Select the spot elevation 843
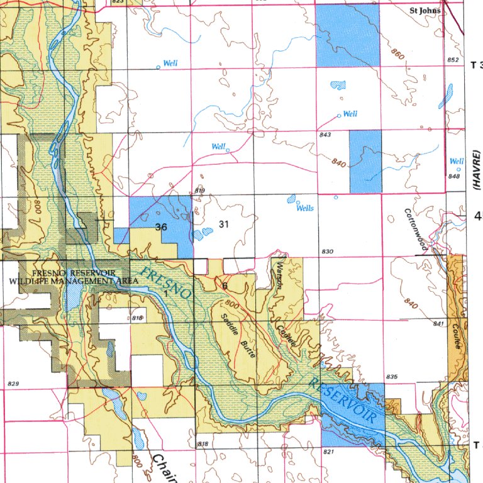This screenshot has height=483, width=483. (x=325, y=135)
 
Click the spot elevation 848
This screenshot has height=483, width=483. (x=454, y=176)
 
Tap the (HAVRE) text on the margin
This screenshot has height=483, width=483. (x=476, y=170)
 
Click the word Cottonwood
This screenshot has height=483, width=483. (x=416, y=230)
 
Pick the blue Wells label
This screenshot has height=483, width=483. (x=305, y=208)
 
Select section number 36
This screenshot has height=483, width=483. (x=161, y=227)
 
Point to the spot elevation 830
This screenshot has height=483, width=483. (x=326, y=252)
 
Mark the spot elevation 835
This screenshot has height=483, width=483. (x=392, y=377)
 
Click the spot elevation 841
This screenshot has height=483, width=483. (x=438, y=323)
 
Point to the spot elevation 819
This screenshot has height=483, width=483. (x=200, y=190)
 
